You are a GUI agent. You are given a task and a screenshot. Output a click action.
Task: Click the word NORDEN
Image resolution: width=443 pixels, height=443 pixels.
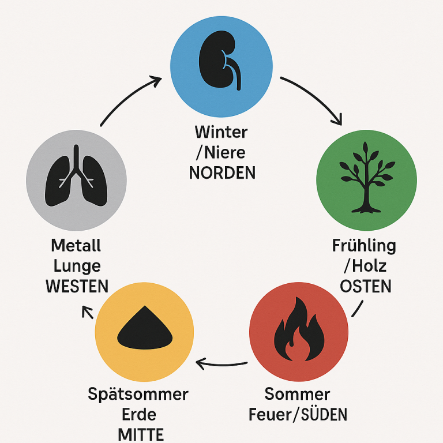[x=221, y=172]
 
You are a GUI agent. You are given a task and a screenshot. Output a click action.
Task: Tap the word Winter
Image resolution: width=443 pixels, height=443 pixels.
[x=221, y=132]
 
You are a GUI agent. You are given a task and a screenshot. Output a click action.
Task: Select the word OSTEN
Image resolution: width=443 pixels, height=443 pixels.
[x=366, y=286]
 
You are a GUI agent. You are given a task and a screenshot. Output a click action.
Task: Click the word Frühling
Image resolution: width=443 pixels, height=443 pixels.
[x=365, y=246]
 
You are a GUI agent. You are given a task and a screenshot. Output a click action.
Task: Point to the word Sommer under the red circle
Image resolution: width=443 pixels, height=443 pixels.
[x=297, y=395]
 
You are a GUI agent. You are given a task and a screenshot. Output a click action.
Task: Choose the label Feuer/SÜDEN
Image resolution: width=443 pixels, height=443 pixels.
[x=297, y=415]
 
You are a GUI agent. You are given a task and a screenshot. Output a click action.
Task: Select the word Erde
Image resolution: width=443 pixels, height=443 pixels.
[x=140, y=415]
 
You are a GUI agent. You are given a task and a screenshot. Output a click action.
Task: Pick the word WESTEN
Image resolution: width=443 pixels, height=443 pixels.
[x=77, y=286]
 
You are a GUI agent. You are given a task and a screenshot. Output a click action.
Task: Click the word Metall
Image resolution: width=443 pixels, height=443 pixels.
[x=76, y=246]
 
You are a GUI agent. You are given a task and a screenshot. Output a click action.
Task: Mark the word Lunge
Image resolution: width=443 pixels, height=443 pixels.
[x=77, y=266]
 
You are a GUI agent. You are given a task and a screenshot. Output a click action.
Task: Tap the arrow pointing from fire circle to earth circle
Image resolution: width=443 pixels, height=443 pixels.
[x=222, y=363]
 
